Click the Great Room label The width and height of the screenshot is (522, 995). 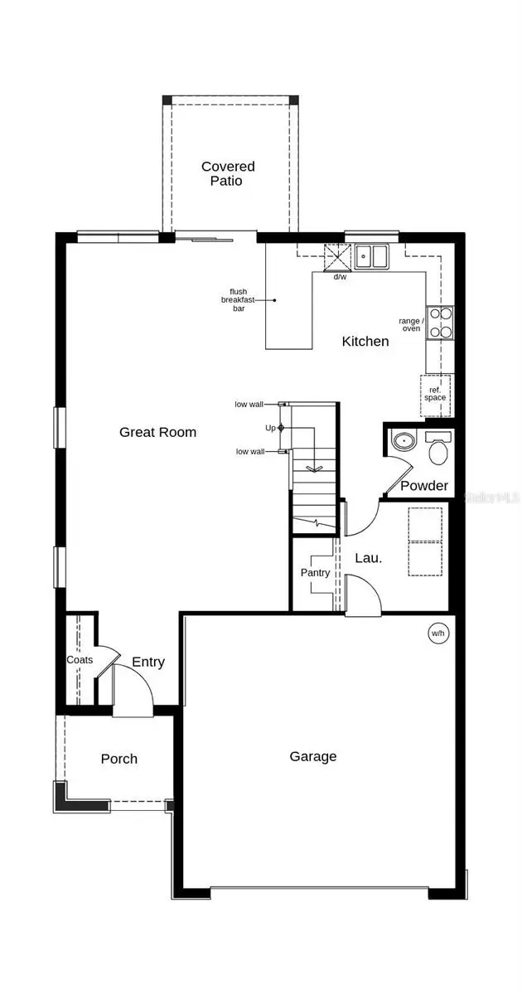pyautogui.click(x=157, y=432)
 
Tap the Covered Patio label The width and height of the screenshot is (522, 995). pyautogui.click(x=228, y=173)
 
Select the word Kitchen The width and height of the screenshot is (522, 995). pyautogui.click(x=365, y=341)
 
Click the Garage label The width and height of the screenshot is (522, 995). pyautogui.click(x=313, y=756)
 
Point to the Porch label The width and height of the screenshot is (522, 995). pyautogui.click(x=119, y=759)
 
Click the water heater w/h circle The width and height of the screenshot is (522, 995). pyautogui.click(x=438, y=633)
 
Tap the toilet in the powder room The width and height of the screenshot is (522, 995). pyautogui.click(x=438, y=448)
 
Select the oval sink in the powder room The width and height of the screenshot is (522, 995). pyautogui.click(x=404, y=440)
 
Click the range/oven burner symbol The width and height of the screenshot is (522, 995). pyautogui.click(x=440, y=323)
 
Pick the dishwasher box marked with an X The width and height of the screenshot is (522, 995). pyautogui.click(x=337, y=257)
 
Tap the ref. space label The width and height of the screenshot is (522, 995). pyautogui.click(x=435, y=394)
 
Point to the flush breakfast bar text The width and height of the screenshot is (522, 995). pyautogui.click(x=238, y=300)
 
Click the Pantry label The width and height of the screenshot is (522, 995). pyautogui.click(x=315, y=573)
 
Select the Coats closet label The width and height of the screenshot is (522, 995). pyautogui.click(x=80, y=660)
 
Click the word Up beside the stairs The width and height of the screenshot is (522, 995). pyautogui.click(x=270, y=428)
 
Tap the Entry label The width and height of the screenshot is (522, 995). pyautogui.click(x=148, y=663)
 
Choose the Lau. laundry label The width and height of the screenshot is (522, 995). pyautogui.click(x=369, y=558)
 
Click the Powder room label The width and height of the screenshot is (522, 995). pyautogui.click(x=424, y=486)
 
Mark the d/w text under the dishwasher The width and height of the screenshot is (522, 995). pyautogui.click(x=340, y=277)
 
